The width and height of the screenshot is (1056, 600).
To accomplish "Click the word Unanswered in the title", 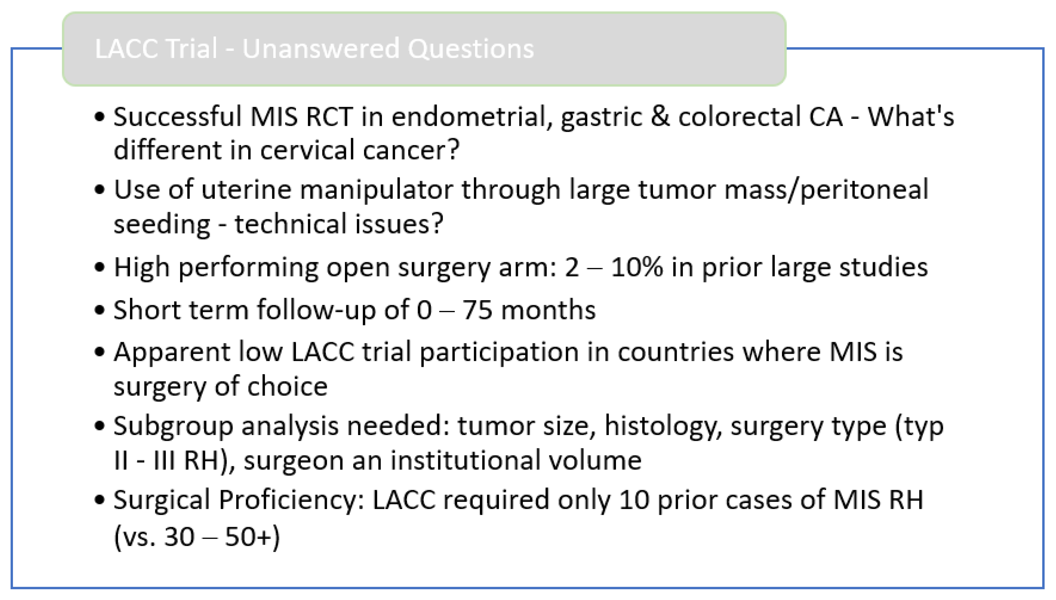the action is point(320,49).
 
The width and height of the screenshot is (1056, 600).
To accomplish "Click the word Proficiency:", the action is point(291,501).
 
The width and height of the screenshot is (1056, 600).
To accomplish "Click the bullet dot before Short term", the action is point(99,310).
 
